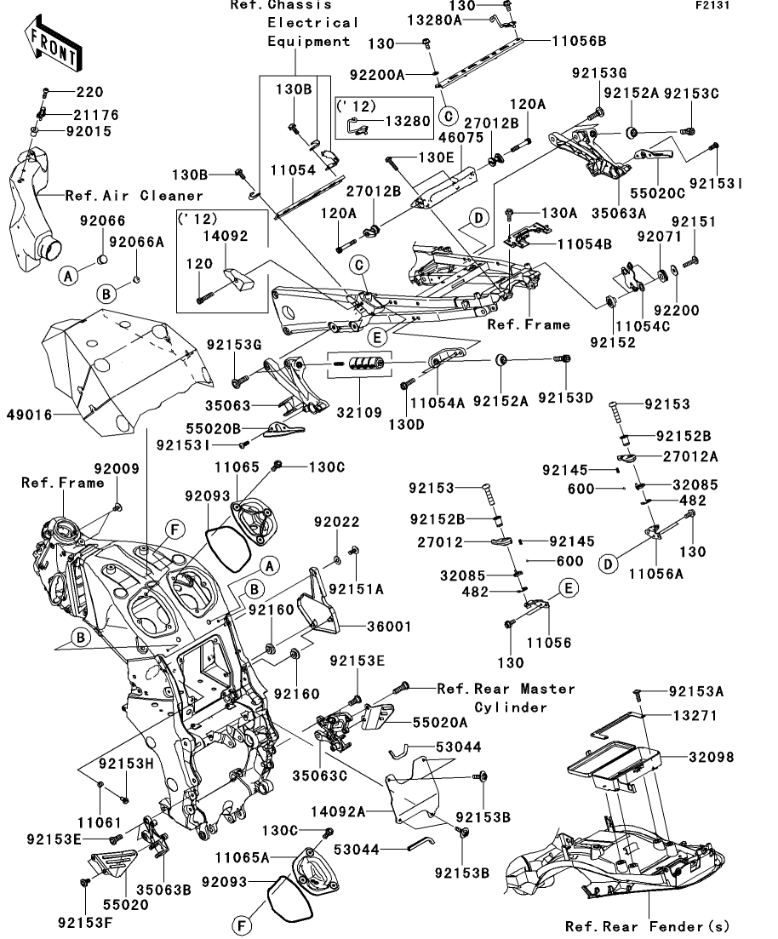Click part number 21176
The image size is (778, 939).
(x=95, y=114)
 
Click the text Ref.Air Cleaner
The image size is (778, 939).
(x=134, y=195)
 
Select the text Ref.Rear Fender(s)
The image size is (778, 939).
(x=647, y=926)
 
